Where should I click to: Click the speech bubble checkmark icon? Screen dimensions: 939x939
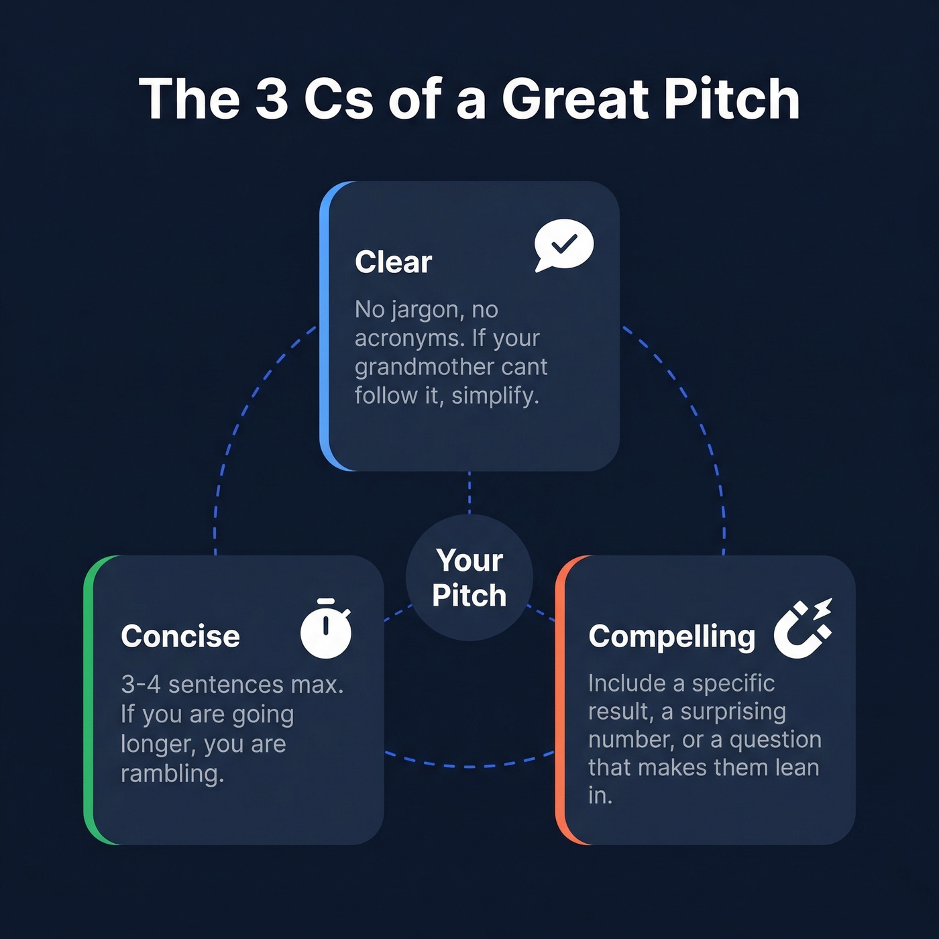[x=563, y=245]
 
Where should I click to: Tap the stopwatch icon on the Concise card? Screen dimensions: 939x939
[x=326, y=629]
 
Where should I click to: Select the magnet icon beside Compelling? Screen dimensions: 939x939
[x=802, y=629]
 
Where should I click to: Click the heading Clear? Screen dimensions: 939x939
[x=393, y=262]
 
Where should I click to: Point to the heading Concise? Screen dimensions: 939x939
[x=180, y=637]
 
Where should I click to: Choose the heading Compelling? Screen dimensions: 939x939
[x=671, y=637]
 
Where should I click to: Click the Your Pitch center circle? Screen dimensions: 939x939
[x=469, y=577]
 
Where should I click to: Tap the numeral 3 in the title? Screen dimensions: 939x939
[x=272, y=99]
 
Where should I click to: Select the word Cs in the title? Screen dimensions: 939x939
[x=339, y=99]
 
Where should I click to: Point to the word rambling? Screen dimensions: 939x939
[x=172, y=774]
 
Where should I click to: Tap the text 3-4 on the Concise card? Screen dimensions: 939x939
[x=141, y=685]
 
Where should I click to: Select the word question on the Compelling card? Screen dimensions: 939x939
[x=775, y=740]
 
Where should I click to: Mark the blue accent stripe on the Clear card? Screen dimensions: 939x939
[x=325, y=326]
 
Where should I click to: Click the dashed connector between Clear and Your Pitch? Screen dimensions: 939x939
[x=469, y=493]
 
